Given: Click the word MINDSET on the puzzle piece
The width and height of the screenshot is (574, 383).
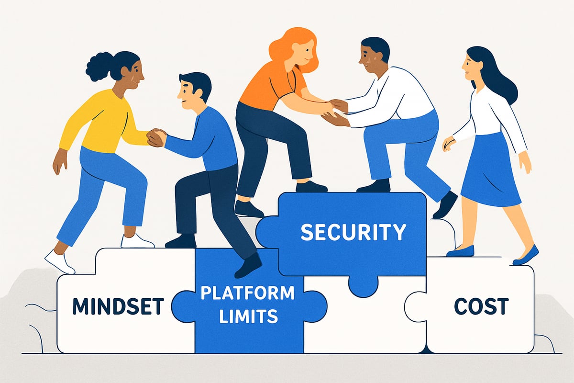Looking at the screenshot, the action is click(x=119, y=306).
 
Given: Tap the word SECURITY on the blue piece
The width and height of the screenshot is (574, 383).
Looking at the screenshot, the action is click(x=353, y=232).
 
